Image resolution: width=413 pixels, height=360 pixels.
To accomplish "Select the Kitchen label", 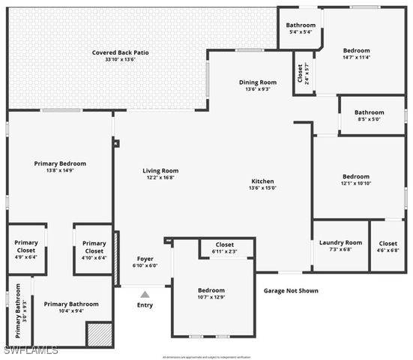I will point(262,181).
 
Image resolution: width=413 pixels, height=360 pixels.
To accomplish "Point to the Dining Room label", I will point(258,82).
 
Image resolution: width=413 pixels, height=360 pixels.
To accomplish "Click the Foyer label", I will point(145,259).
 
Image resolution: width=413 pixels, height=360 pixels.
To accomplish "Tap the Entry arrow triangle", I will point(145,294).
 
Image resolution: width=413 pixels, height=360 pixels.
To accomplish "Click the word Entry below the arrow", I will point(145,305).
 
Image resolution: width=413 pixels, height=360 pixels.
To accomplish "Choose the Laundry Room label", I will point(340,242).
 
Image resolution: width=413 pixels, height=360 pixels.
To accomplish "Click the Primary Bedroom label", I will point(60,163).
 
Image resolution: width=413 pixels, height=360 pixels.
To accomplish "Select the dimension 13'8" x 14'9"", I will point(60,170).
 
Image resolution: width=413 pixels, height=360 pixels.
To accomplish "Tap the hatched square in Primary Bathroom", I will point(97,334).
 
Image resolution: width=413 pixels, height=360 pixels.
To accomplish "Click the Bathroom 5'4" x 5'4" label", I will point(301,25).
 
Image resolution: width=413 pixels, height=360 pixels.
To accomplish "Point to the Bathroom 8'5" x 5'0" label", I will point(370,112).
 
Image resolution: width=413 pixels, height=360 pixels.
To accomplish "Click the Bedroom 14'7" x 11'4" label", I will point(362,50).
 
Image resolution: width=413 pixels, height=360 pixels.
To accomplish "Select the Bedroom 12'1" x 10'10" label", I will point(357,177).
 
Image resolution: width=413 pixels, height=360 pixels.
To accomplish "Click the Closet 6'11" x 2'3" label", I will point(225,245).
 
